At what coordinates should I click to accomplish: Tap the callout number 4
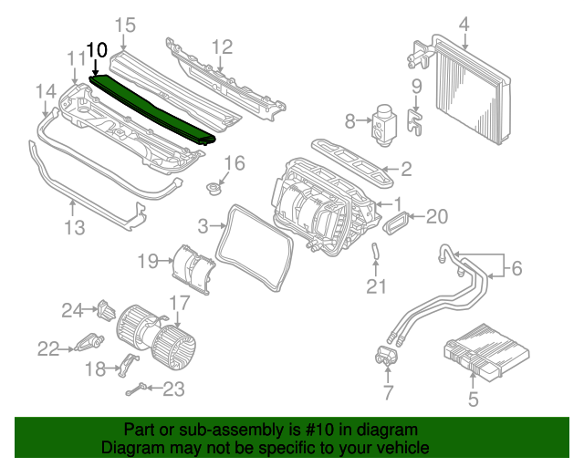(464, 25)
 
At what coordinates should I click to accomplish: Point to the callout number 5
(473, 399)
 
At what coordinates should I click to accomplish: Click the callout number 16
(235, 163)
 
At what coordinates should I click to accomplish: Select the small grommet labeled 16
(215, 189)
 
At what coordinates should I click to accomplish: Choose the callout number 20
(438, 216)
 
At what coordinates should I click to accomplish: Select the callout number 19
(149, 262)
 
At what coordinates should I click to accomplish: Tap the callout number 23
(173, 389)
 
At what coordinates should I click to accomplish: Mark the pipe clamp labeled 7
(385, 357)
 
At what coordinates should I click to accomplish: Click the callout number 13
(74, 225)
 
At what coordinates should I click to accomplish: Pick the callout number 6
(516, 268)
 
